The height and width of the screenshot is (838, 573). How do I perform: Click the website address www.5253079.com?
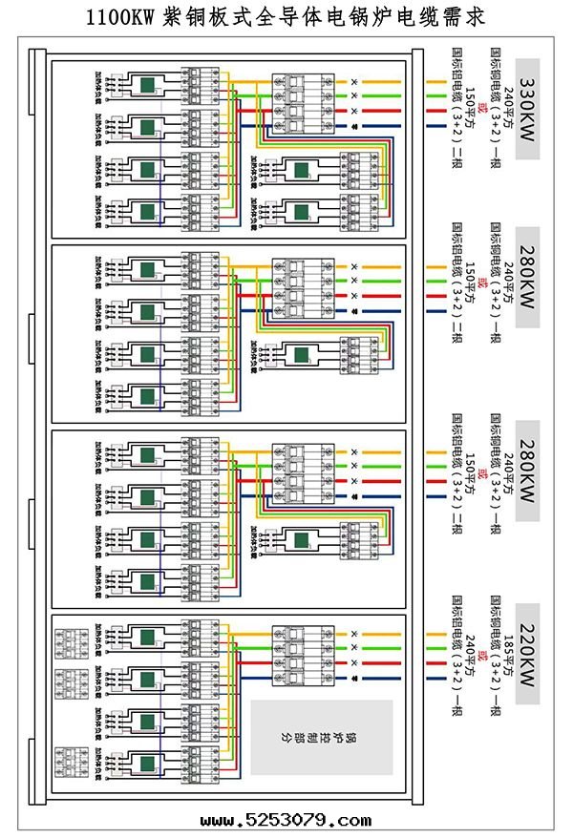[x=286, y=820]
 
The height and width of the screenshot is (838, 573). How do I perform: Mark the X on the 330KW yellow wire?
[x=355, y=83]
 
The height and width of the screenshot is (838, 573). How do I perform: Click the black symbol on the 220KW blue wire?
[x=355, y=678]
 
